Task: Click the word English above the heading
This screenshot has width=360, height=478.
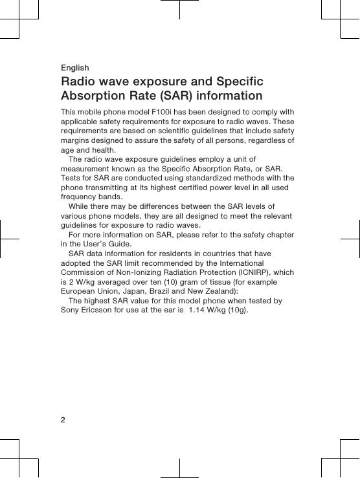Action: pos(74,68)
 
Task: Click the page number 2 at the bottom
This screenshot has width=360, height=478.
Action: pos(63,420)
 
